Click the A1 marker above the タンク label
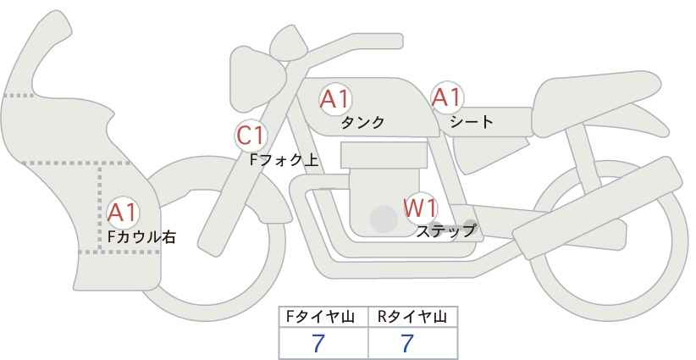pyautogui.click(x=335, y=99)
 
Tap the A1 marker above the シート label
pyautogui.click(x=447, y=97)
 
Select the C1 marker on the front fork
pyautogui.click(x=251, y=136)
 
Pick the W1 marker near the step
pyautogui.click(x=420, y=208)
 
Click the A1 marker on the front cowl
pyautogui.click(x=123, y=213)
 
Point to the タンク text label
pyautogui.click(x=362, y=122)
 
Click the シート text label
pyautogui.click(x=472, y=121)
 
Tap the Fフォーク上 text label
pyautogui.click(x=284, y=160)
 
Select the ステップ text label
pyautogui.click(x=445, y=231)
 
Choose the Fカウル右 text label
pyautogui.click(x=141, y=236)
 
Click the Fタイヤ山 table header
pyautogui.click(x=320, y=317)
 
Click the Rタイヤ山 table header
pyautogui.click(x=412, y=317)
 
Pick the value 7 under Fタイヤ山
pyautogui.click(x=318, y=343)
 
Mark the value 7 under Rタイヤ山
pyautogui.click(x=407, y=343)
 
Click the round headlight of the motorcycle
pyautogui.click(x=257, y=79)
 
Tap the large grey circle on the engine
pyautogui.click(x=384, y=219)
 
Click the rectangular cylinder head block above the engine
pyautogui.click(x=384, y=155)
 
